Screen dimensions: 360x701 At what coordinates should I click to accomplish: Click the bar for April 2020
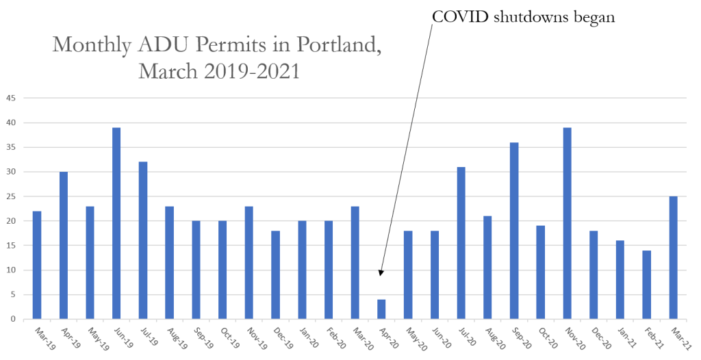[x=381, y=309]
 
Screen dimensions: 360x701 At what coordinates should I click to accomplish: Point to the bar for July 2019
[x=143, y=240]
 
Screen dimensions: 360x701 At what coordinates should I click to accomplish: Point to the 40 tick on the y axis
[x=12, y=123]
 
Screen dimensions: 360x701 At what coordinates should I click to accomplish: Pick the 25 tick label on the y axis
[x=12, y=196]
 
